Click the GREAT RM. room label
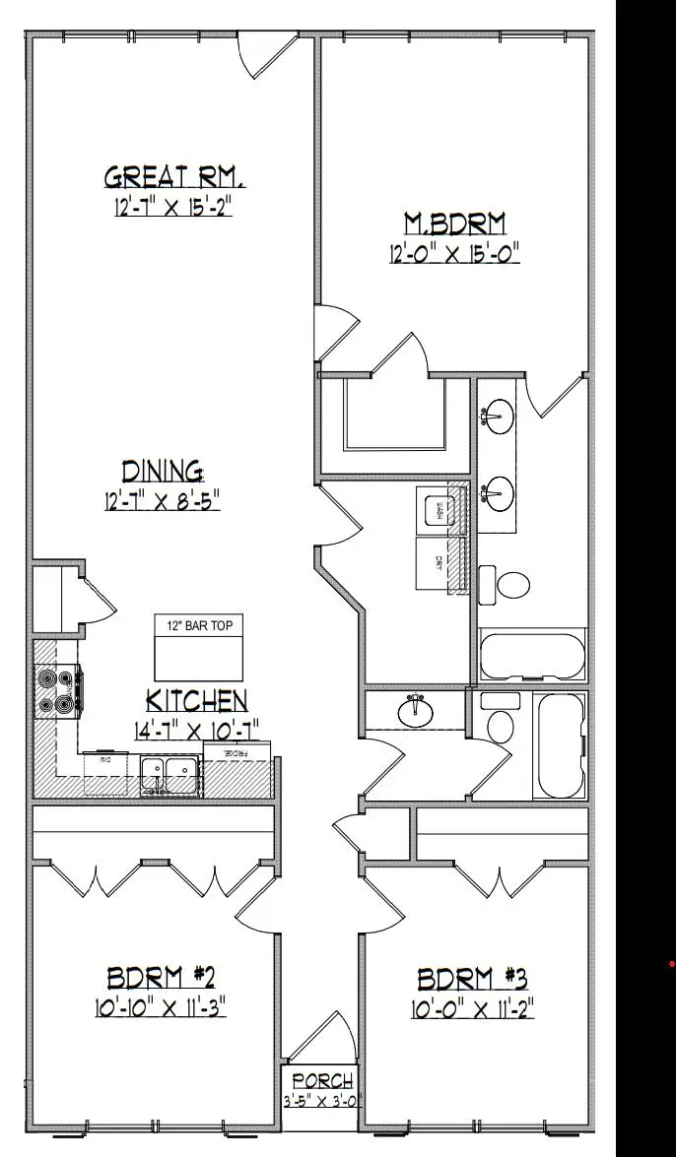174,177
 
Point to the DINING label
164,470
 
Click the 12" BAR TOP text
198,626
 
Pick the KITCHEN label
196,700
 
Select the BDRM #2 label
161,978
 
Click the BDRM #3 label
473,979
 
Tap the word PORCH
321,1082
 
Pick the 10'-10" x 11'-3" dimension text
163,1008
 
